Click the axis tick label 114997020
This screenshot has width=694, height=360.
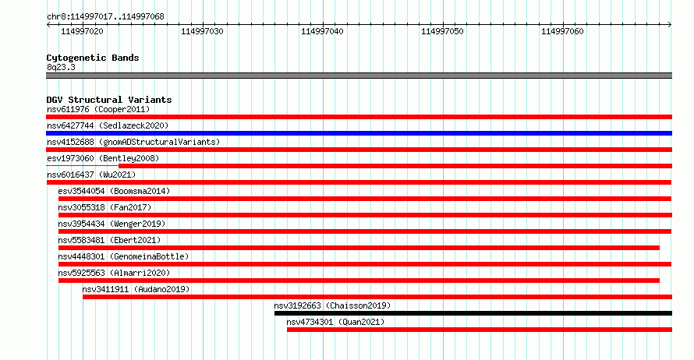coord(82,31)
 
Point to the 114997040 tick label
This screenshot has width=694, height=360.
coord(322,31)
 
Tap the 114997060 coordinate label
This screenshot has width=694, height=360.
coord(562,31)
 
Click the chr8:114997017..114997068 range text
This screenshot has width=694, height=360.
coord(105,17)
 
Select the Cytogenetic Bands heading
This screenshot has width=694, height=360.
coord(93,58)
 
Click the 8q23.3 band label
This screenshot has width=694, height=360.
coord(61,67)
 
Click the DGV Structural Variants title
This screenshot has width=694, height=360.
coord(109,100)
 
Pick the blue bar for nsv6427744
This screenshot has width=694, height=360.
coord(359,133)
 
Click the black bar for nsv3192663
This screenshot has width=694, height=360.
coord(473,313)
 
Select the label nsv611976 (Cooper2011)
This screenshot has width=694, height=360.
coord(98,109)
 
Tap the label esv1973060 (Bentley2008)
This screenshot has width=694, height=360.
coord(103,158)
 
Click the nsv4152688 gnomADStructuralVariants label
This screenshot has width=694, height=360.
coord(133,142)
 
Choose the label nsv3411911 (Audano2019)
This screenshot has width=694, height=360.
coord(136,289)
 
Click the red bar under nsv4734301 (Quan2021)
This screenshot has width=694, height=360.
coord(480,330)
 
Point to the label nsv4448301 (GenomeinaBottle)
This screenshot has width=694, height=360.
coord(123,256)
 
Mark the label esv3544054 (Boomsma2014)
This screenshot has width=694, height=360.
coord(114,191)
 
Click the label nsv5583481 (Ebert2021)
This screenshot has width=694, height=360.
coord(109,240)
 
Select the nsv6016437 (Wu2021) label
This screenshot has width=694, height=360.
coord(91,175)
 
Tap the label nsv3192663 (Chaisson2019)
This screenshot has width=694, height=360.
coord(332,305)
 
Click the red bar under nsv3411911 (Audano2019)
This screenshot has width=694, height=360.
coord(377,297)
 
